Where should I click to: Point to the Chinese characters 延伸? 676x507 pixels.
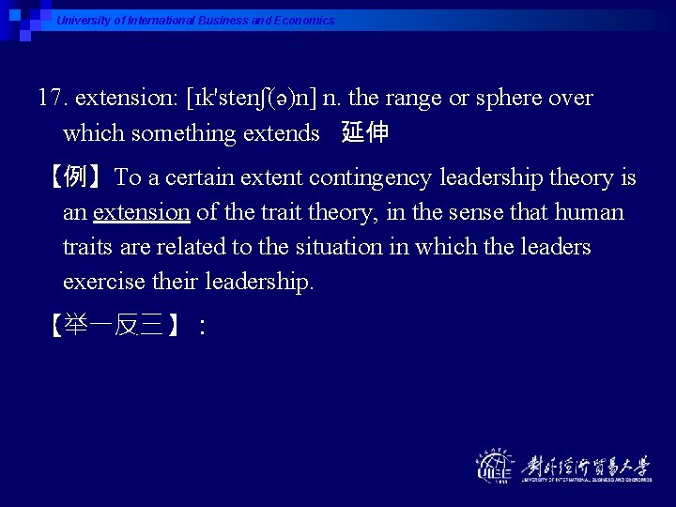(x=365, y=133)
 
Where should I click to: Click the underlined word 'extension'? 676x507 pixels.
(x=142, y=212)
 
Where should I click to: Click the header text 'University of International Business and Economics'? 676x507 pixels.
(x=195, y=20)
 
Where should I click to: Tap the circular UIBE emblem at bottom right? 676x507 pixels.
(x=496, y=466)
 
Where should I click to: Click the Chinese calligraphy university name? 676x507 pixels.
(x=586, y=464)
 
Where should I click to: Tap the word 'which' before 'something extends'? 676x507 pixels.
(x=94, y=133)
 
